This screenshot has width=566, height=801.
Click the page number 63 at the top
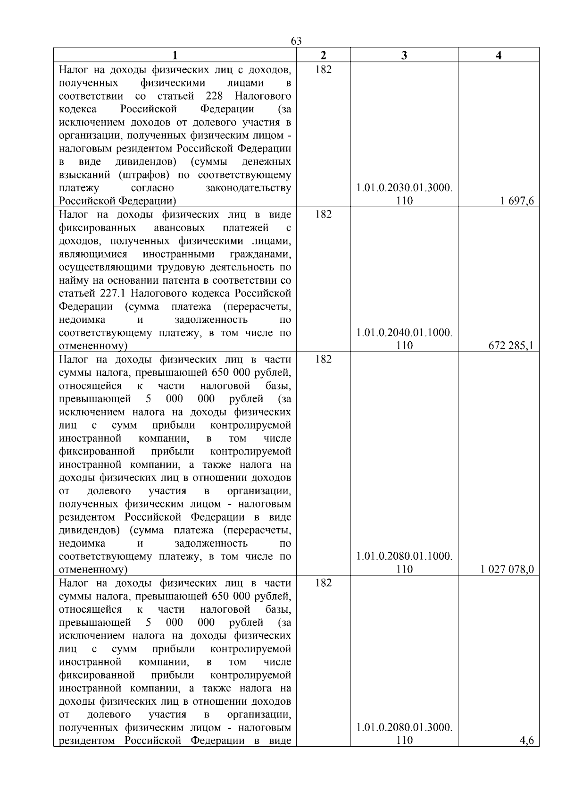(x=296, y=41)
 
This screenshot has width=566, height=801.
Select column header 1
(x=175, y=55)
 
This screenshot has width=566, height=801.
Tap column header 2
(x=323, y=55)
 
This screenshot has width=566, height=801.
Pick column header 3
(x=404, y=55)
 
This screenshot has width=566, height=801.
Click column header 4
(x=499, y=55)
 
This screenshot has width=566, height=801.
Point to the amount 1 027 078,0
(x=508, y=570)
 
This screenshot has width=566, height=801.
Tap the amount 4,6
(x=526, y=741)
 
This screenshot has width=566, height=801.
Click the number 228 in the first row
(x=215, y=96)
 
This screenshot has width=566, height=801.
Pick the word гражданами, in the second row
(x=260, y=254)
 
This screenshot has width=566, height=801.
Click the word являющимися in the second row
(x=93, y=254)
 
